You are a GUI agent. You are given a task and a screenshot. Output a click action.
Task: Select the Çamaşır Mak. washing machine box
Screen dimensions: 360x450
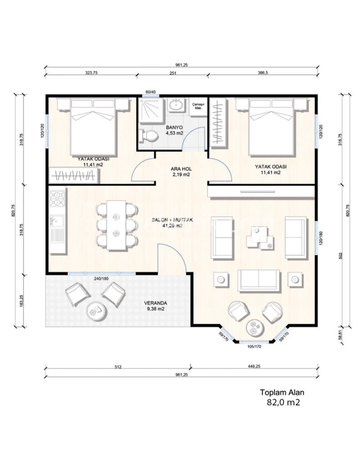click(198, 107)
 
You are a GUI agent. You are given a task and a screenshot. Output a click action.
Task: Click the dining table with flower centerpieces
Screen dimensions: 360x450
click(116, 225)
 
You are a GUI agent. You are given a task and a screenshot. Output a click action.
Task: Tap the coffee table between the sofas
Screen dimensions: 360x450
click(260, 238)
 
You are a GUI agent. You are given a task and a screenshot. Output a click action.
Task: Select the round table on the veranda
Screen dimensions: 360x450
click(97, 311)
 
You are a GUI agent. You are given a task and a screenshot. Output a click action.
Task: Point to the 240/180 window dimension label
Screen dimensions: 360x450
click(101, 279)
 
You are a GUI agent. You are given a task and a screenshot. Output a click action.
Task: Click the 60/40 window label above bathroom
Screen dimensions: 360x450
click(150, 92)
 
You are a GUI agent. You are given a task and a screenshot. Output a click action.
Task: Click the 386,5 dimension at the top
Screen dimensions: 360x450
click(263, 73)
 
